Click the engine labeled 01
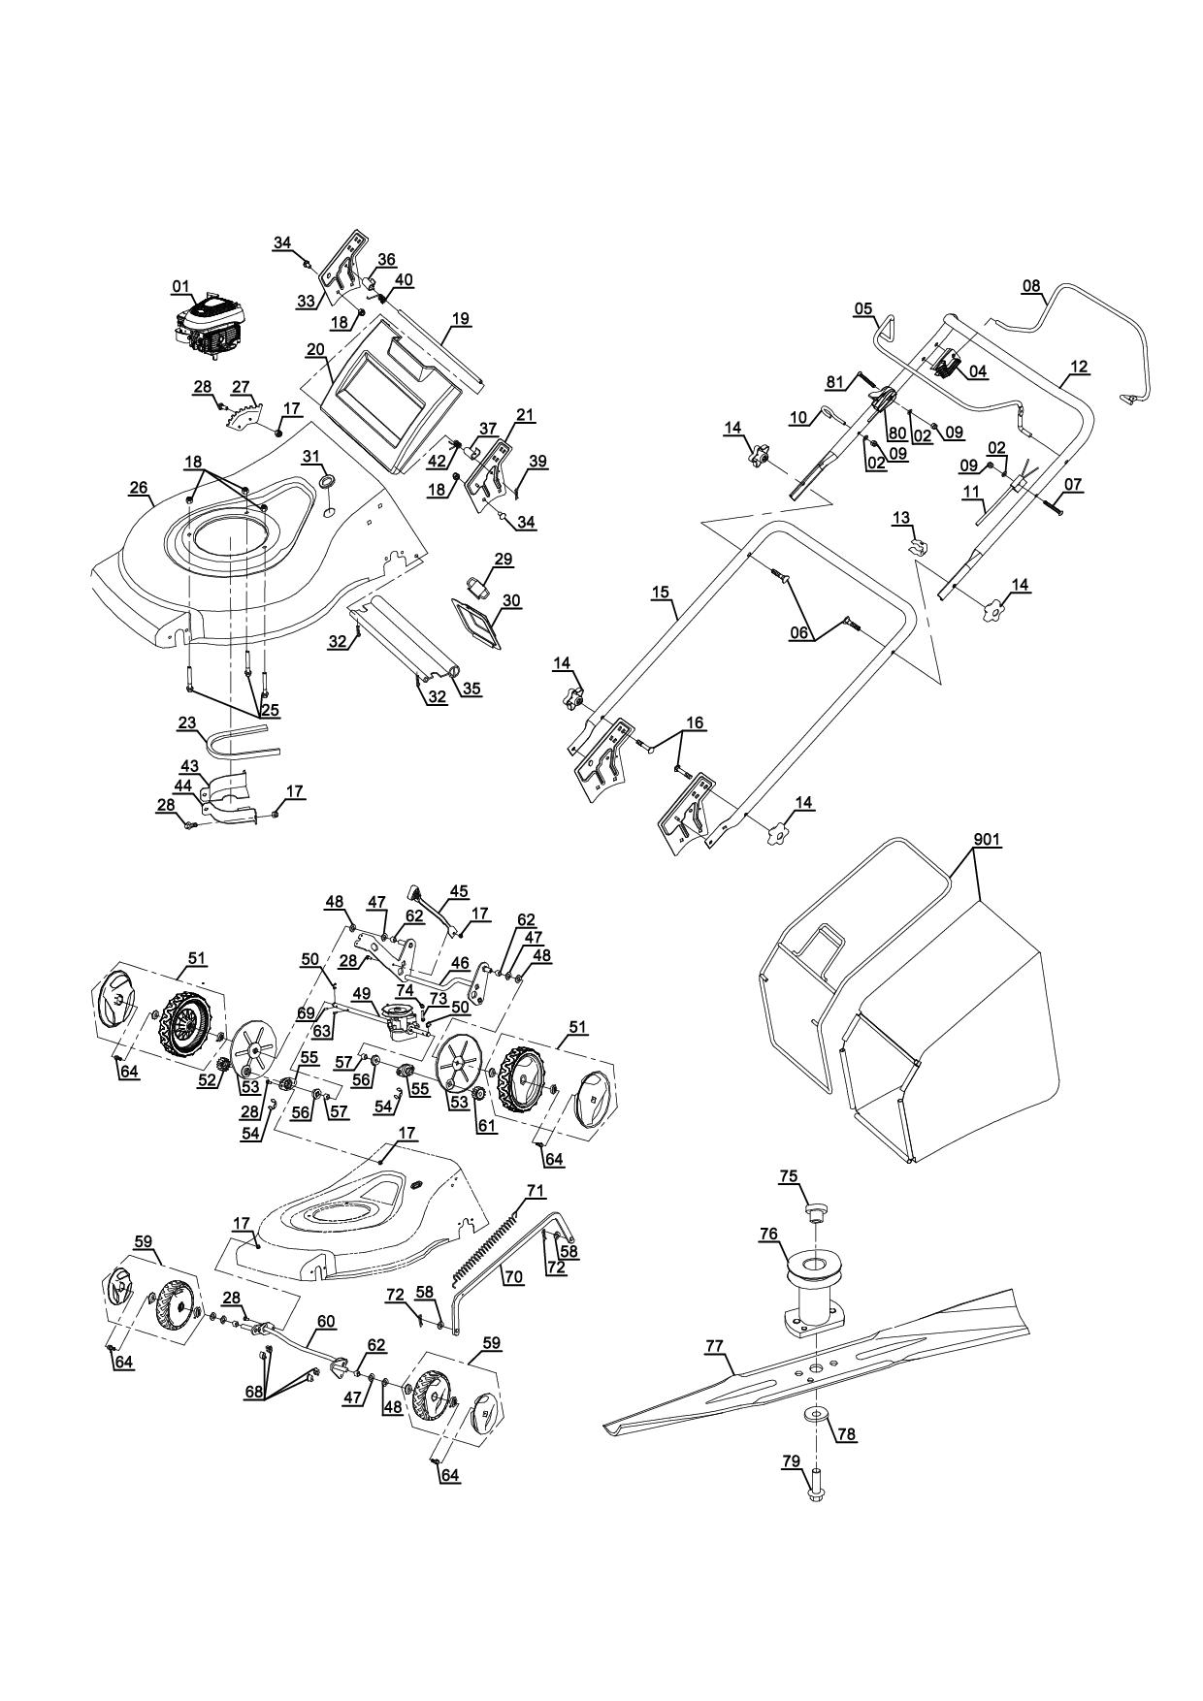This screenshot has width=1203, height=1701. [211, 328]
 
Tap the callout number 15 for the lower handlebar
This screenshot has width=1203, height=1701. [662, 590]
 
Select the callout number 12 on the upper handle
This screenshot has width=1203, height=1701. [1079, 368]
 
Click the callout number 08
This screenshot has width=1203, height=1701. [1030, 286]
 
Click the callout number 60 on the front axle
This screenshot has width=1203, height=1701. [325, 1321]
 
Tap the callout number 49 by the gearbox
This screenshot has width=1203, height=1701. [361, 993]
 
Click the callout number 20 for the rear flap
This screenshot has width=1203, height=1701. [315, 349]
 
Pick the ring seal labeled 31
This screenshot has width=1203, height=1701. [327, 482]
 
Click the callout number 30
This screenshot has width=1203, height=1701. [511, 601]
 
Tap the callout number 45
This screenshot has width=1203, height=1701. [458, 890]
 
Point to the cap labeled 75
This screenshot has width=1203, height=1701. [815, 1210]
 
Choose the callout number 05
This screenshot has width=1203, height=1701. [862, 309]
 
